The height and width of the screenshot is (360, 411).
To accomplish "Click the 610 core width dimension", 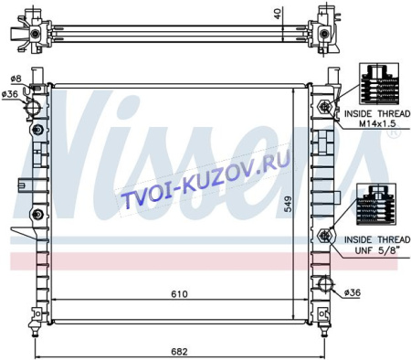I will (x=179, y=294).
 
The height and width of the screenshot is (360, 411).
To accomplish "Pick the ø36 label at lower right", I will (x=353, y=292).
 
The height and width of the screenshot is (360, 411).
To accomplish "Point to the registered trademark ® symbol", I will (x=393, y=133).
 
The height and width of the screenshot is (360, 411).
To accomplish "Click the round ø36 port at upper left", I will (x=34, y=107).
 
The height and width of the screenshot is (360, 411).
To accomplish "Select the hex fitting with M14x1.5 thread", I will (x=325, y=112).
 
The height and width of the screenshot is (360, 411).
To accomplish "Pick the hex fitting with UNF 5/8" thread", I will (x=325, y=238).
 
